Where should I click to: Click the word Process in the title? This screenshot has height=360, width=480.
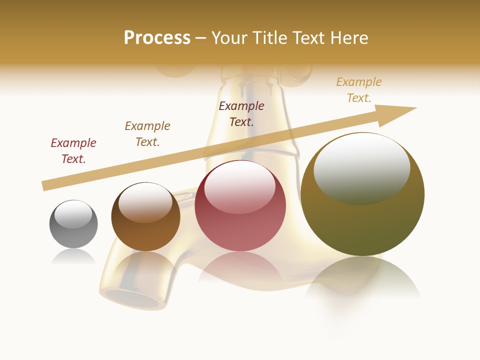coord(157,38)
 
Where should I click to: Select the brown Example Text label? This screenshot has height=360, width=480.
coord(147,134)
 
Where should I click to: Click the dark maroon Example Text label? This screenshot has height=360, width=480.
coord(241,113)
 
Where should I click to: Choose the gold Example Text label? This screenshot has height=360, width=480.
coord(359,90)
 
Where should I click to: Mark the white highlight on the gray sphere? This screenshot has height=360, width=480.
coord(73,214)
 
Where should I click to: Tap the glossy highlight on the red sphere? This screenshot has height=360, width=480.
coord(240,186)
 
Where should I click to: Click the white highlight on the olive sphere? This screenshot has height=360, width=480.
coord(361,167)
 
